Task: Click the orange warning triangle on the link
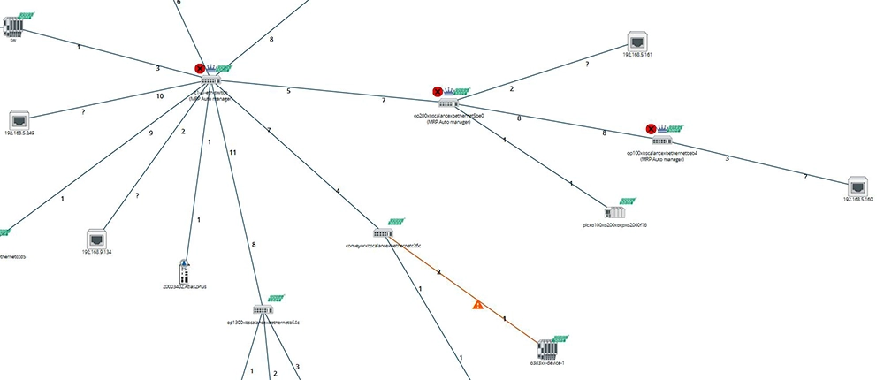click(477, 305)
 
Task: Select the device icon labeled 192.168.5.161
click(636, 41)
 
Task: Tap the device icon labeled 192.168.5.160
click(857, 186)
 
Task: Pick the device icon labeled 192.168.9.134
click(97, 239)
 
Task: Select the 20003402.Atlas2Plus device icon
click(185, 270)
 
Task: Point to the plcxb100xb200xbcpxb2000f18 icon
click(615, 212)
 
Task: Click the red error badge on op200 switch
click(438, 91)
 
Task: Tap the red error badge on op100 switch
click(652, 129)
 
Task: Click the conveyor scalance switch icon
click(382, 233)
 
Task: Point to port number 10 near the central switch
click(160, 95)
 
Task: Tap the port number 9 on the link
click(151, 133)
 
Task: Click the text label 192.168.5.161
click(636, 55)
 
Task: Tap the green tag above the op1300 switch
click(277, 299)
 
